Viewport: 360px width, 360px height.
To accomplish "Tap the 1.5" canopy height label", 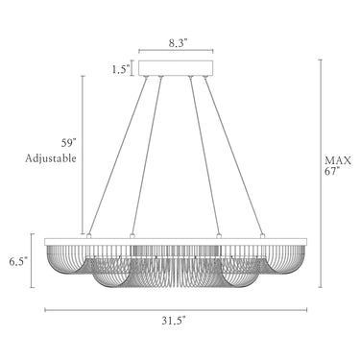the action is pos(121,69).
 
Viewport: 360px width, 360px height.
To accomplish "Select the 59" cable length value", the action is pos(69,143).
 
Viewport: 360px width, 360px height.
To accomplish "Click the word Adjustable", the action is pos(51,158).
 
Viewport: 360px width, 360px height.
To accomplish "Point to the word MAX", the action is pos(338,160).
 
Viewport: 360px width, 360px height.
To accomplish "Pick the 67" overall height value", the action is pos(332,171).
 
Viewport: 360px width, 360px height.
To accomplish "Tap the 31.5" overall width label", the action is pos(174,321).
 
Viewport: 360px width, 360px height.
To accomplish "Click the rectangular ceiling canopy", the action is pos(176,67).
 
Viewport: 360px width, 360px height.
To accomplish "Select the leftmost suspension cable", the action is pos(117,156).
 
